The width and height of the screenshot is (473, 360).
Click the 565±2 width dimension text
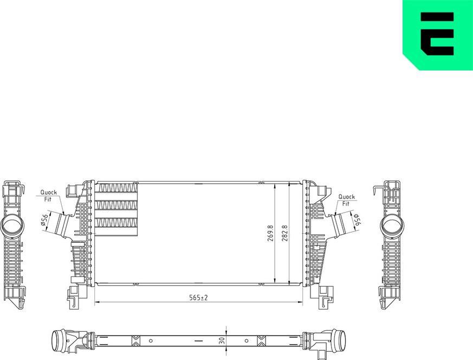[198, 297]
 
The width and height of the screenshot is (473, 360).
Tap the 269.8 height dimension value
[270, 233]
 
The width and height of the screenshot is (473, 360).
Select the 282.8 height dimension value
[284, 233]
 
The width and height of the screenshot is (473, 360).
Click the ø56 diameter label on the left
[45, 221]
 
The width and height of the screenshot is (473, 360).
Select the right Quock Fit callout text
[346, 200]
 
